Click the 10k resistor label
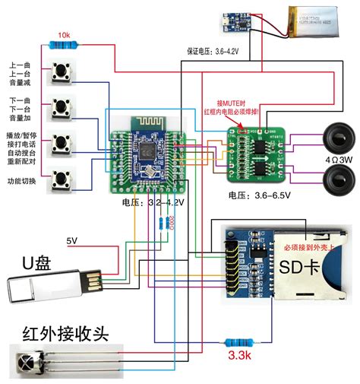[x=64, y=36]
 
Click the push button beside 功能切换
[x=61, y=181]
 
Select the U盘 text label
[x=36, y=264]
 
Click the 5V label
[x=72, y=241]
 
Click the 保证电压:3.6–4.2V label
[x=213, y=51]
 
